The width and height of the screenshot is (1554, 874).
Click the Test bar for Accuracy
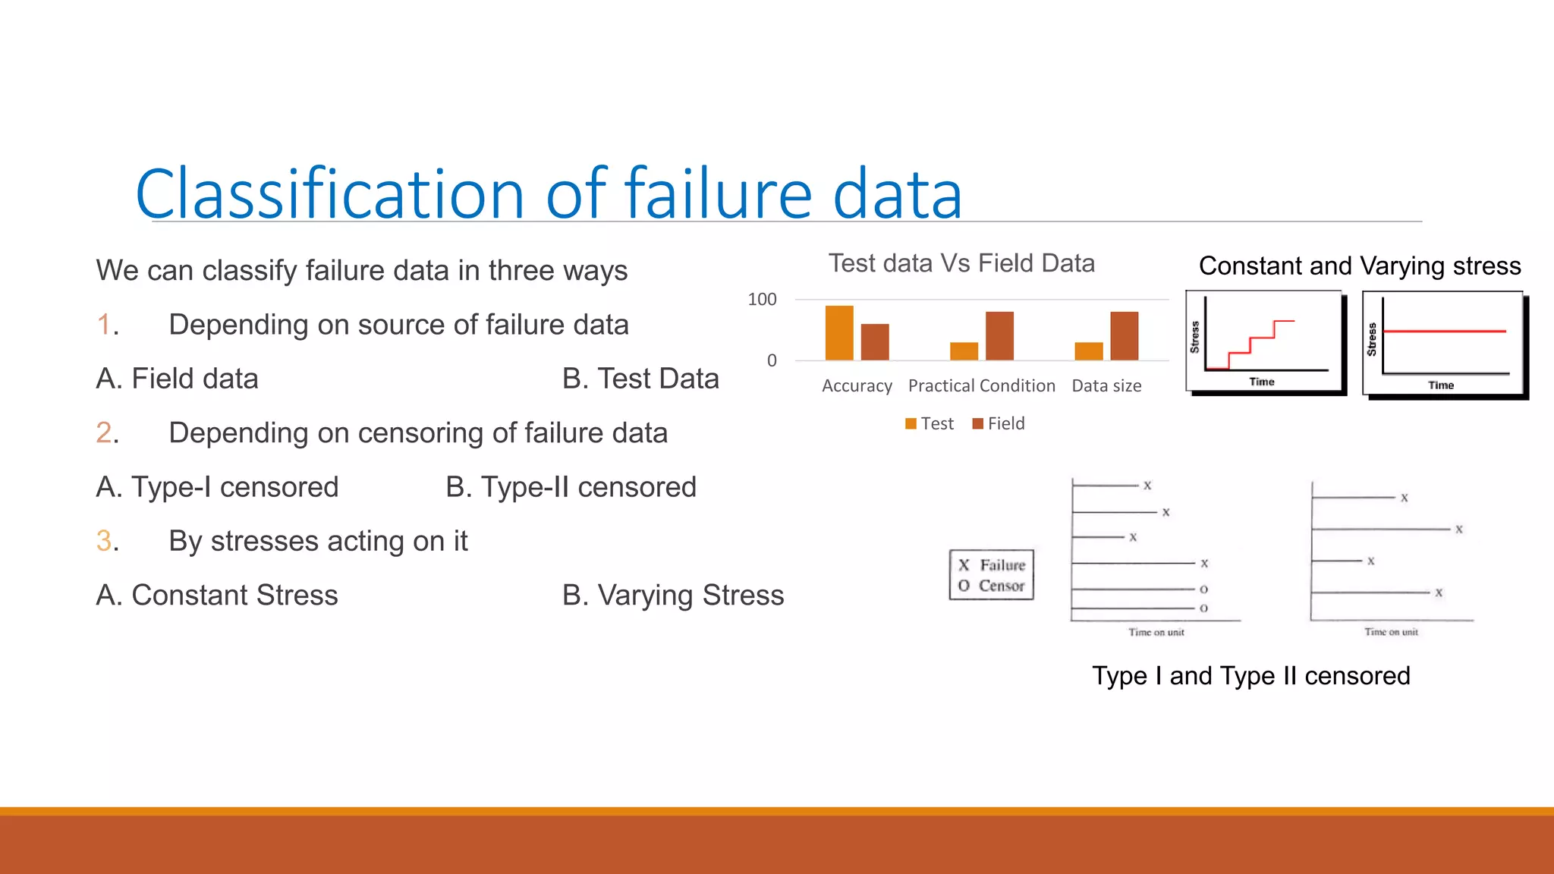pos(839,333)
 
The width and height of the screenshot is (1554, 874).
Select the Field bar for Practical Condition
pos(999,336)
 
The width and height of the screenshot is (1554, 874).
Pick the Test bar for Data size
pos(1089,351)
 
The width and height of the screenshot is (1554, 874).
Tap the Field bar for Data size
pos(1124,336)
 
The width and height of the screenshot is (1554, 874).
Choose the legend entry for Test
pos(930,423)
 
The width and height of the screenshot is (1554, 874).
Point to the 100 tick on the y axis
pos(762,300)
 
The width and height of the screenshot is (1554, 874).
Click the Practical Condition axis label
pos(981,385)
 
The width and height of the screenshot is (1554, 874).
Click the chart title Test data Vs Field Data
pos(961,263)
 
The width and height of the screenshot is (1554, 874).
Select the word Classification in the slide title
pos(330,194)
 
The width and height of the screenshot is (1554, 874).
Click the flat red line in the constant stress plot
pos(1444,332)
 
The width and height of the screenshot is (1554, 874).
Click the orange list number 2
pos(105,432)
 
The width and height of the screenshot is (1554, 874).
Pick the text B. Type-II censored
pos(571,487)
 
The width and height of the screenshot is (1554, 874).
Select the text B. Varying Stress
pos(672,595)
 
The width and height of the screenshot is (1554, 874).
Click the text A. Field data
pos(177,379)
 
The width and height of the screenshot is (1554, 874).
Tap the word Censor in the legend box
pos(1001,586)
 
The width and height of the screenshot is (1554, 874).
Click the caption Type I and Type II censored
pos(1250,675)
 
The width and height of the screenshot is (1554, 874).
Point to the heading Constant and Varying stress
pos(1360,266)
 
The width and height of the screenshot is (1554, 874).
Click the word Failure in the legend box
pos(1002,565)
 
